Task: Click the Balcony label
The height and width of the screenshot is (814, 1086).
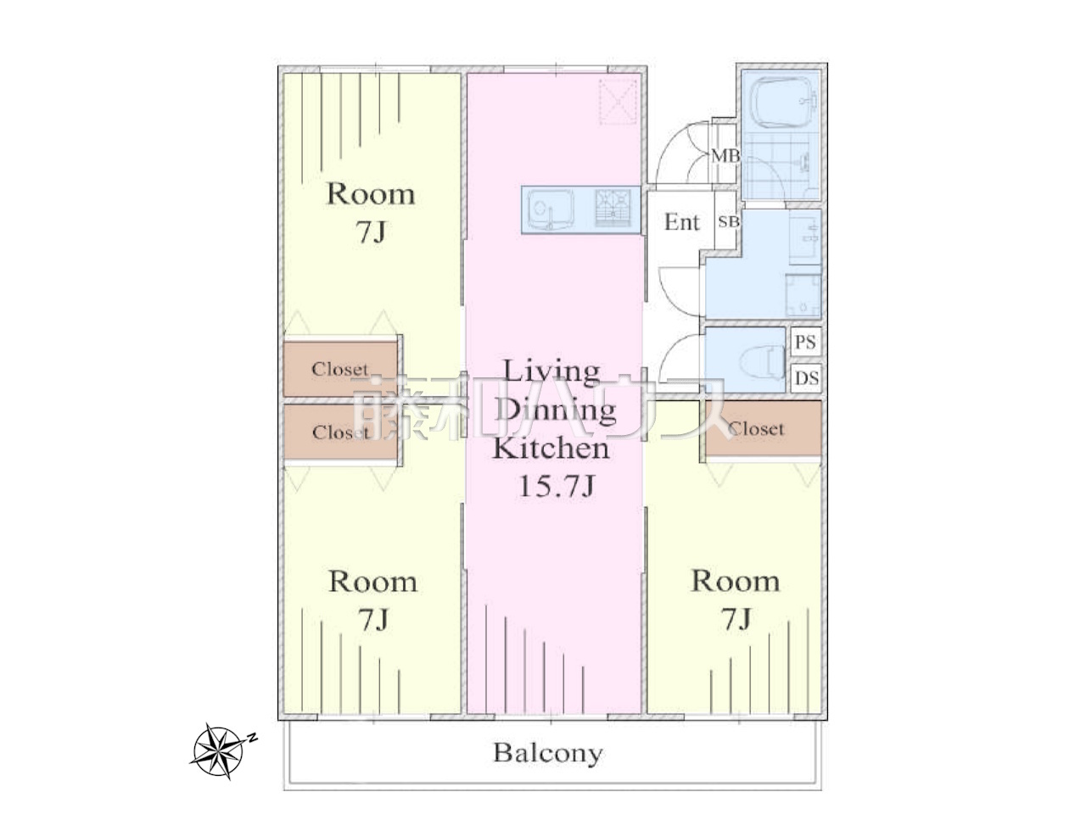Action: (548, 753)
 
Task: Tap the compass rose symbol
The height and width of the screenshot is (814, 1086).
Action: (220, 750)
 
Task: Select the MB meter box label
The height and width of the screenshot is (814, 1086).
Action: (725, 156)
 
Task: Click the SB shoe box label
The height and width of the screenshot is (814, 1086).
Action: (728, 222)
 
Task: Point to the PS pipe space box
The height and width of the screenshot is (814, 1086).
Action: (805, 342)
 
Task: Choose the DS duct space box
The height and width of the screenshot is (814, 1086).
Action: (806, 378)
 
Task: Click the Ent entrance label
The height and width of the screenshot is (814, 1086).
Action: (681, 222)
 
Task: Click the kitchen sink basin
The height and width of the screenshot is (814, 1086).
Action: (550, 209)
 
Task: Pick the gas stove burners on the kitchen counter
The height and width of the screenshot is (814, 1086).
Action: (613, 209)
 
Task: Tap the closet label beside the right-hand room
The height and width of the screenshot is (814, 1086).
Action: (756, 429)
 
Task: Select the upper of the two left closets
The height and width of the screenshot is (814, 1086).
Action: (340, 369)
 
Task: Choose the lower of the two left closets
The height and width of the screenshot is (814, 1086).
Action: (340, 432)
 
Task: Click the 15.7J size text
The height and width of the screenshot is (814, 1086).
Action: (555, 487)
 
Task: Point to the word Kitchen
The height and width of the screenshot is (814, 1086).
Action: (551, 449)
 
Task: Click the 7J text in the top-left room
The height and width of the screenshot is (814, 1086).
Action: (371, 231)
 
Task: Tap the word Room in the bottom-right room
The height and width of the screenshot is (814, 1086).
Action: (736, 581)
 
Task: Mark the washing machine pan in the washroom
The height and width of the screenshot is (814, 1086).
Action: (803, 295)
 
